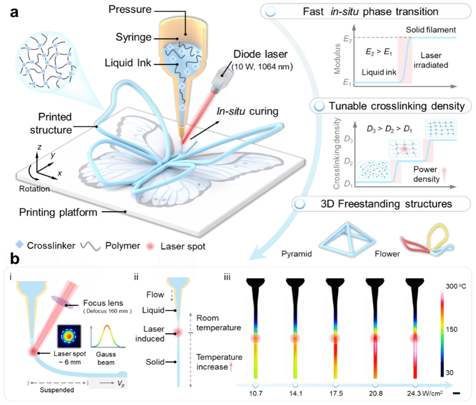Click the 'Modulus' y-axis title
click(x=337, y=61)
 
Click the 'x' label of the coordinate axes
click(x=60, y=173)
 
